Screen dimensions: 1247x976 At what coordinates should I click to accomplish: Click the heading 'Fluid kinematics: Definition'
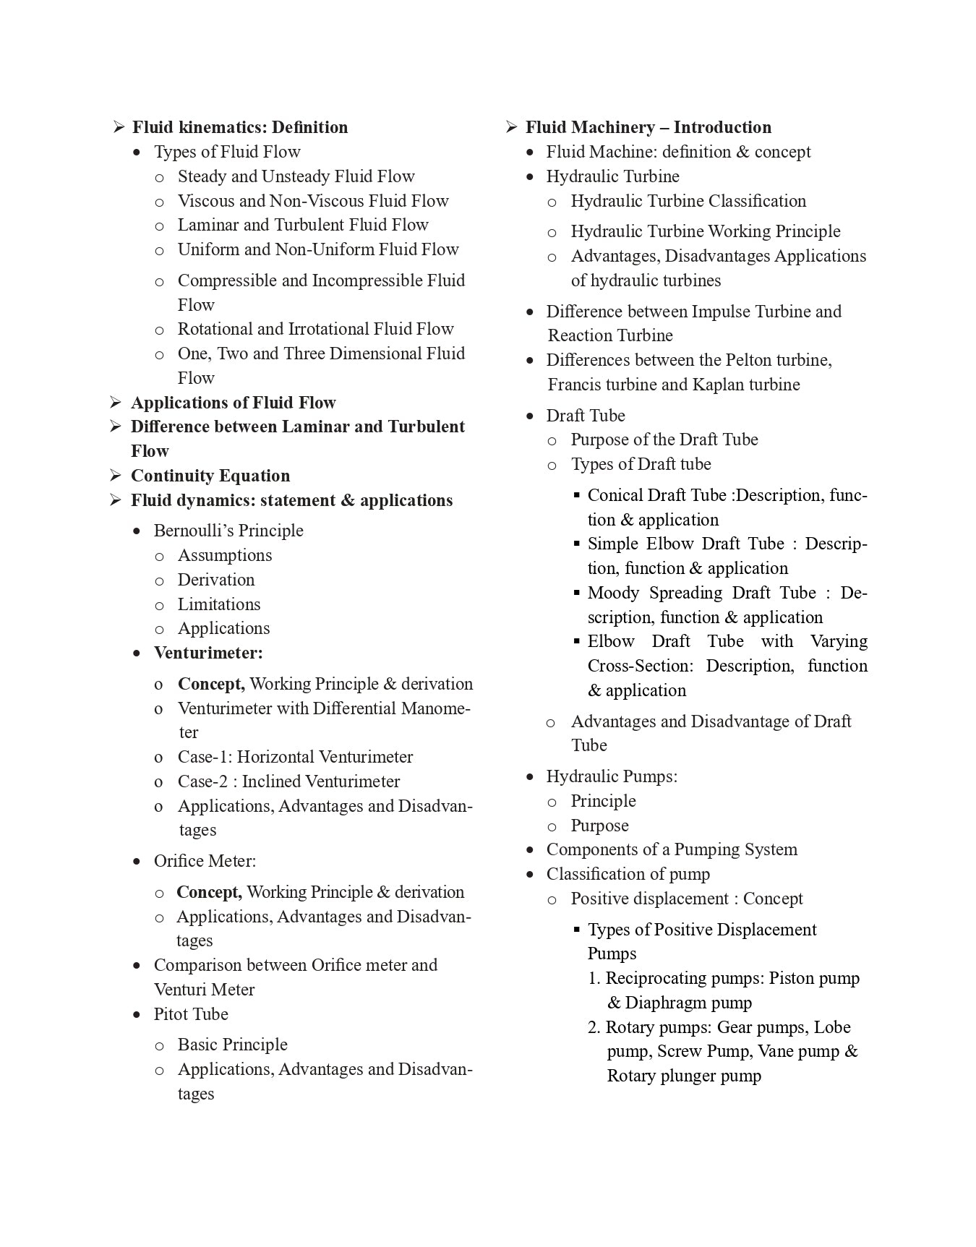[x=239, y=127]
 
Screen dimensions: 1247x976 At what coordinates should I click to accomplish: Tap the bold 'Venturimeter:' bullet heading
[x=208, y=653]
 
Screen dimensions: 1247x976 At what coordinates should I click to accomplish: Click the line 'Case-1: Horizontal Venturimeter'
[x=295, y=757]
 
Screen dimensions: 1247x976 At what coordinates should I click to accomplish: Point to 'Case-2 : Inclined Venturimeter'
[x=288, y=781]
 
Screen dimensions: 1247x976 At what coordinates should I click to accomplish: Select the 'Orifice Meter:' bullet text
[x=205, y=861]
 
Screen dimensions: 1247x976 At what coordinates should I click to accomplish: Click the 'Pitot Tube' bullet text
[x=191, y=1014]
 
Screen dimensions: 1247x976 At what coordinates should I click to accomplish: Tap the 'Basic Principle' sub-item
[x=232, y=1045]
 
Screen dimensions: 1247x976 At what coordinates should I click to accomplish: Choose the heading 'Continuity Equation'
[x=210, y=476]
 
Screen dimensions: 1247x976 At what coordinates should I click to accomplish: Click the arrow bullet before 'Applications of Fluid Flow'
[x=116, y=403]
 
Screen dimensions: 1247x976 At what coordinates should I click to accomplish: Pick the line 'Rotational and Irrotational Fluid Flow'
[x=315, y=329]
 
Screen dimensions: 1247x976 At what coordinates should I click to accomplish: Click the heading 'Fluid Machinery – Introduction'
[x=648, y=127]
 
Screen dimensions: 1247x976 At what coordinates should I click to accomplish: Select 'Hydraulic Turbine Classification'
[x=688, y=201]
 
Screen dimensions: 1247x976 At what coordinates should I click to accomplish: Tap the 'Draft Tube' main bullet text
[x=586, y=416]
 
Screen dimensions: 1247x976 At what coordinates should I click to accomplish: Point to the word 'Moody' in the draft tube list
[x=613, y=593]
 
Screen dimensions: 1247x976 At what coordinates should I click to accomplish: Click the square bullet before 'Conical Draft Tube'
[x=577, y=495]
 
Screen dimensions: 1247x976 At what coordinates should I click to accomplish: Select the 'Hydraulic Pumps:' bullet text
[x=612, y=776]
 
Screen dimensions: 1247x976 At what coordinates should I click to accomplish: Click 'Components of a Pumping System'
[x=672, y=849]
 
